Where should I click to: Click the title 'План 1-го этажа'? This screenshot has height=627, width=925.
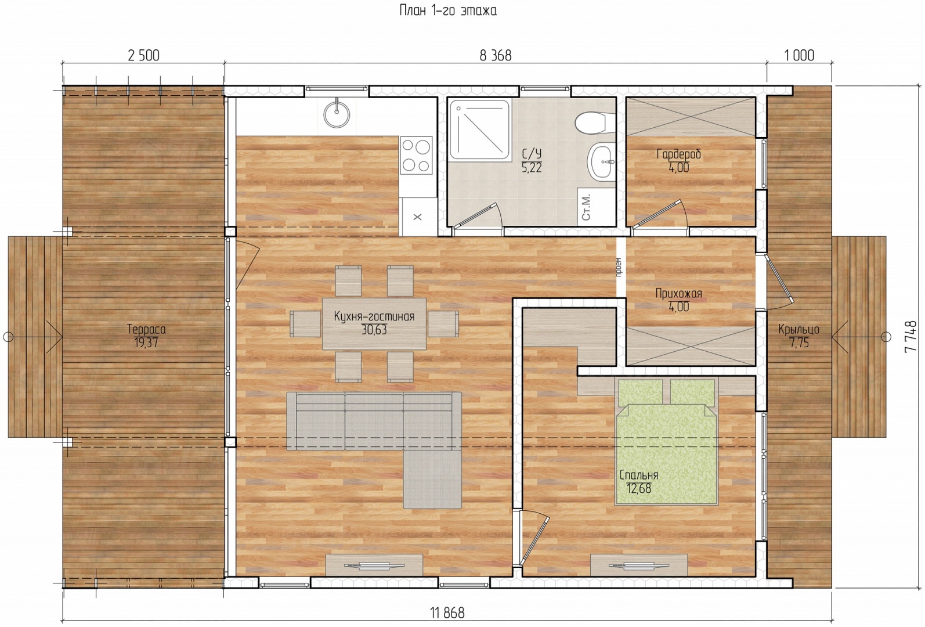[x=447, y=10]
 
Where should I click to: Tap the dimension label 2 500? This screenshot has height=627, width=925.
[x=143, y=55]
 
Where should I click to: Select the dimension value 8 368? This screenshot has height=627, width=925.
[x=495, y=55]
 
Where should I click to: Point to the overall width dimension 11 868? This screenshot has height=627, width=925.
[x=447, y=613]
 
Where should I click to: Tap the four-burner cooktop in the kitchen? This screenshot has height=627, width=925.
[x=416, y=156]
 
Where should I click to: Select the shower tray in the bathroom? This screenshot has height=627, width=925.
[x=479, y=129]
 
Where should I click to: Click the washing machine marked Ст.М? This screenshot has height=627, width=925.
[x=586, y=207]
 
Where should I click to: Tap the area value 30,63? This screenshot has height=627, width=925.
[x=374, y=330]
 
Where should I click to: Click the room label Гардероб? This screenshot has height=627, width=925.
[x=679, y=154]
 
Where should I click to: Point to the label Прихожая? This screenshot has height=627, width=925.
[x=679, y=293]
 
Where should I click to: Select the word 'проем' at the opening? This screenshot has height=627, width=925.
[x=619, y=267]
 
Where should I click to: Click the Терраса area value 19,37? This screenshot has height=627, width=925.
[x=146, y=343]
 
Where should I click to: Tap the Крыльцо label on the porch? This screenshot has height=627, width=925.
[x=798, y=330]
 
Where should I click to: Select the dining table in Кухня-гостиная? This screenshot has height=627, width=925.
[x=374, y=324]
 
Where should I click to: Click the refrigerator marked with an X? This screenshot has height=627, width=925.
[x=418, y=217]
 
